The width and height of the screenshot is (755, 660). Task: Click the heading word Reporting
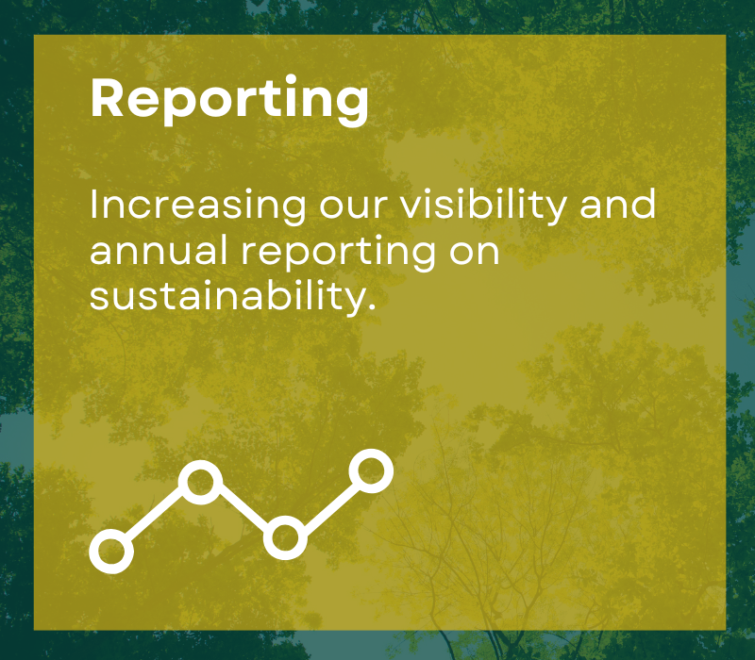pos(229,97)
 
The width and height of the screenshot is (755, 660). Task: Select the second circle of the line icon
pos(200,483)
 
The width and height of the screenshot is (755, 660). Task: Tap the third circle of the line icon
pos(284,538)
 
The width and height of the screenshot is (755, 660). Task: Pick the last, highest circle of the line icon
pos(371,470)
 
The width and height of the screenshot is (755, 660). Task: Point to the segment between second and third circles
pos(242,510)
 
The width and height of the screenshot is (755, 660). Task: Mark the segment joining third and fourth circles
pos(327,504)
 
